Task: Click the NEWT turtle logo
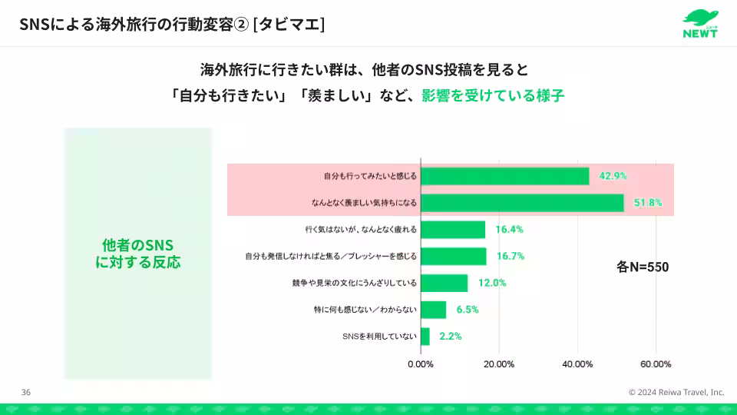click(701, 23)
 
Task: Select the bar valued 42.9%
click(504, 176)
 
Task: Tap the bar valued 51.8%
click(522, 203)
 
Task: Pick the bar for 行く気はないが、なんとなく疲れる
click(453, 230)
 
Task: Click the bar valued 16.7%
click(454, 256)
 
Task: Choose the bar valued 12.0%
click(444, 283)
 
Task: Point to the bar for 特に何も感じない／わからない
click(433, 310)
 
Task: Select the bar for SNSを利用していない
click(425, 336)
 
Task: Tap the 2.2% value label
click(450, 336)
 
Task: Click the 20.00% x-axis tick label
click(499, 364)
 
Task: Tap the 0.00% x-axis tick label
click(421, 364)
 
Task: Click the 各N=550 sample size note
click(643, 267)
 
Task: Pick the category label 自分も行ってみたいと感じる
click(370, 176)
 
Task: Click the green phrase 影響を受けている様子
click(492, 97)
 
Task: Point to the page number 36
click(26, 392)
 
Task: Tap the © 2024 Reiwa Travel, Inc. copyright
click(676, 392)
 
